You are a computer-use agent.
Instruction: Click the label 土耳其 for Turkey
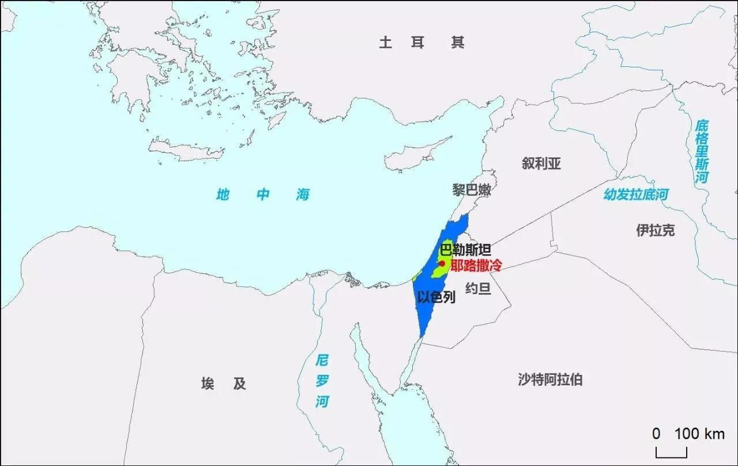[421, 42]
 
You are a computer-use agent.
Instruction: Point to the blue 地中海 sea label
[263, 194]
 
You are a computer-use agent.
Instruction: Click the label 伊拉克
[655, 230]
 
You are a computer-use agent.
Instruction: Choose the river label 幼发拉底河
[636, 194]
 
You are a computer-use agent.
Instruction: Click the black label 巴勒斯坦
[465, 250]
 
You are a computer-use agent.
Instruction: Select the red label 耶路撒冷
[476, 266]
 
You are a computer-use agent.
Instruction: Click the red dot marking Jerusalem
[442, 264]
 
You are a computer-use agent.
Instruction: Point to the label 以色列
[436, 297]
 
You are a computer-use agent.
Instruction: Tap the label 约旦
[478, 288]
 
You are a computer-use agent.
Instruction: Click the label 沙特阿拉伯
[549, 379]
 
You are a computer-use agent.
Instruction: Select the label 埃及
[224, 384]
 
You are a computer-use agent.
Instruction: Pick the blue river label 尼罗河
[322, 381]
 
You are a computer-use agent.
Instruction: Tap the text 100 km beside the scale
[699, 433]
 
